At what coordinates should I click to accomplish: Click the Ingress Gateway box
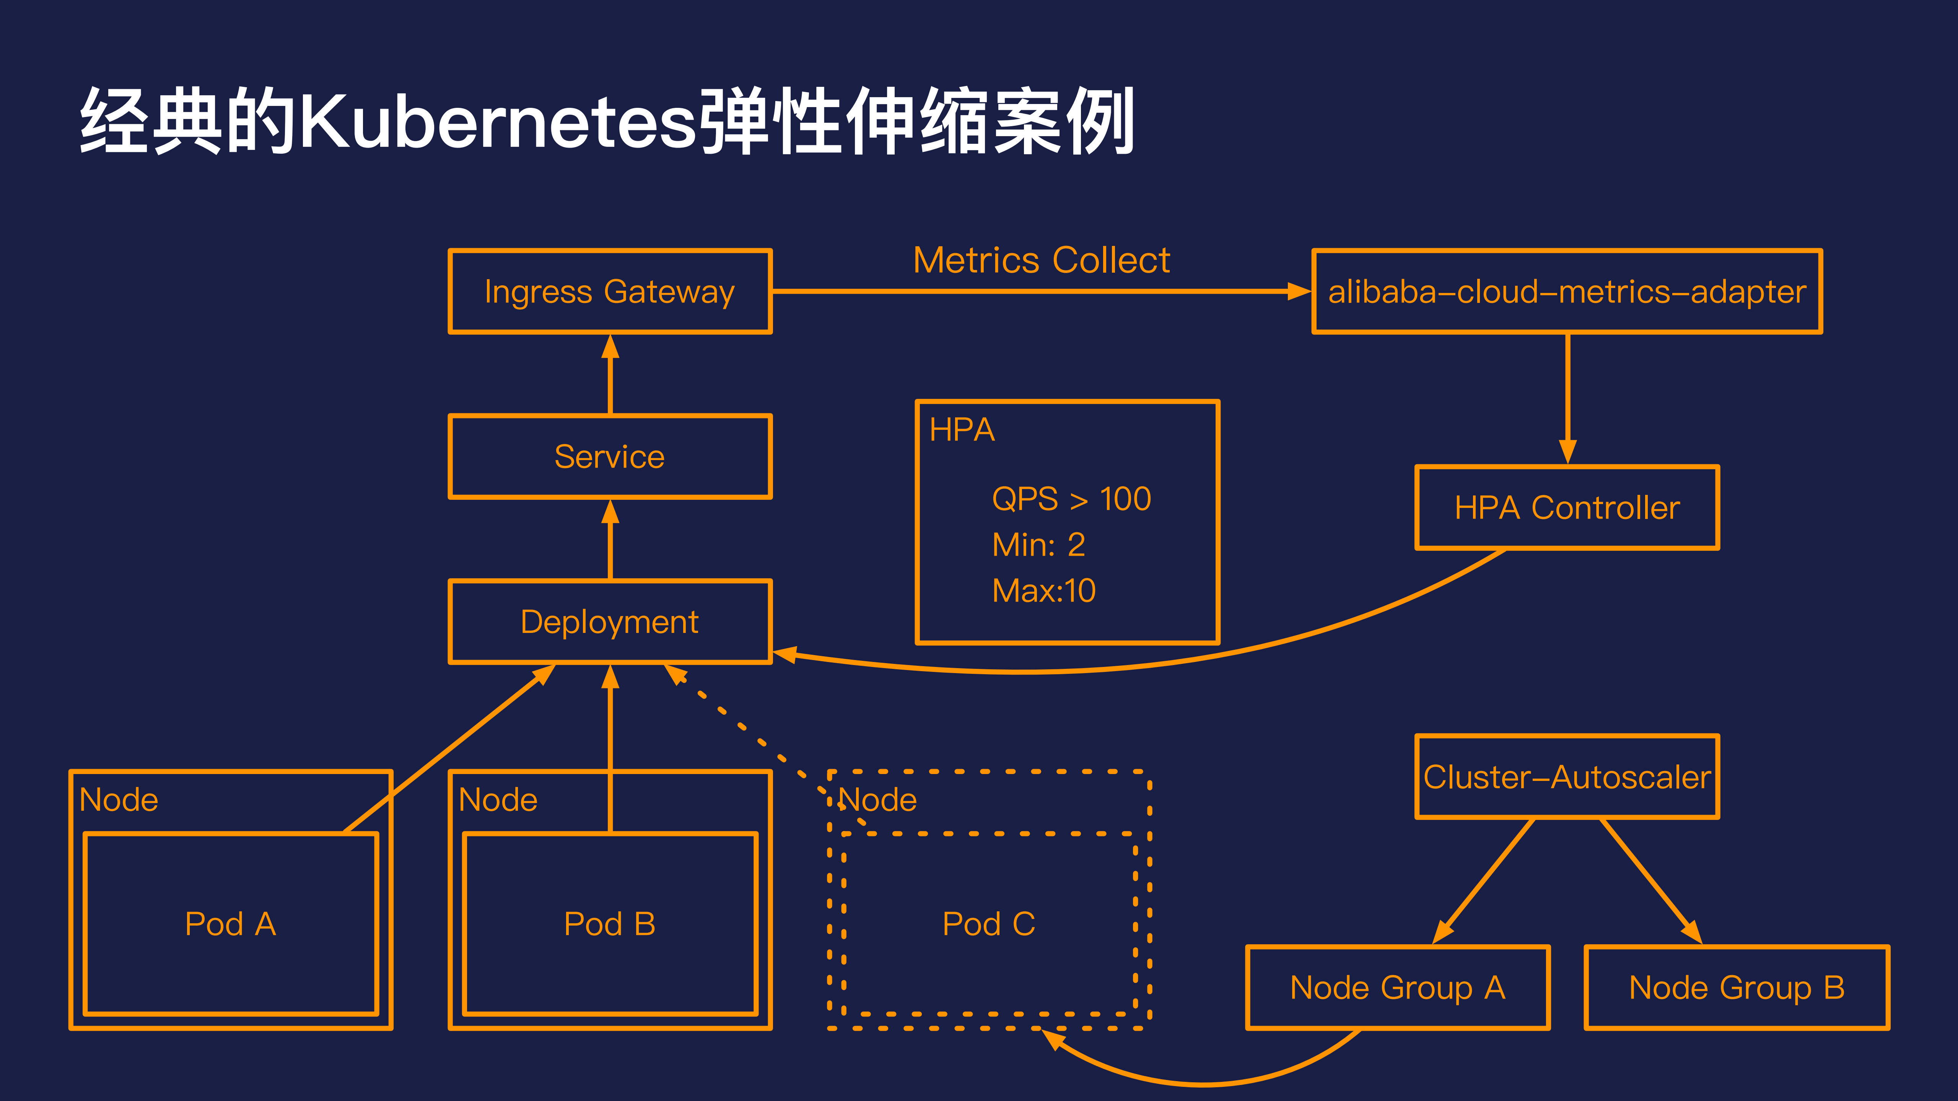coord(610,292)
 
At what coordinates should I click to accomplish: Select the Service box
coord(610,457)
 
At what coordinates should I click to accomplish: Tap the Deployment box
coord(610,621)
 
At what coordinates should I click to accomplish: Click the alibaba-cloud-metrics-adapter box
coord(1567,292)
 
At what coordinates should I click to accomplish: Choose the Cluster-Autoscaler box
coord(1567,777)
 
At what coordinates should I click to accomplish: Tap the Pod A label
coord(230,924)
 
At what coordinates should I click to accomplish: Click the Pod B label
coord(610,924)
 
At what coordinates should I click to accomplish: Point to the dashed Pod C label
coord(988,924)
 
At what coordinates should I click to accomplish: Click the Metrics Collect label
coord(1041,261)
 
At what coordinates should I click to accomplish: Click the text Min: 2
coord(1038,545)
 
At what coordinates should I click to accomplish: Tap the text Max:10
coord(1043,590)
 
